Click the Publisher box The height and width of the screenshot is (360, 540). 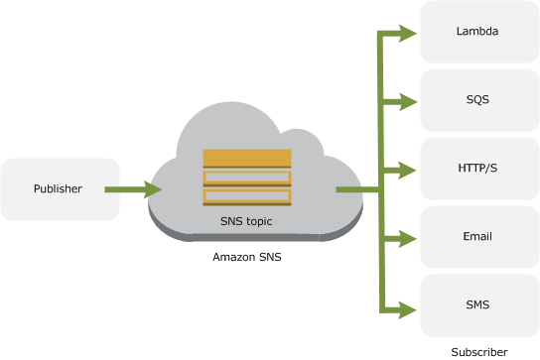point(60,188)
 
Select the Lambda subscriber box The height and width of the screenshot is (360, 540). point(477,32)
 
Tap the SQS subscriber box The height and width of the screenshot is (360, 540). point(477,100)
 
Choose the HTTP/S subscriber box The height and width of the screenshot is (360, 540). point(477,169)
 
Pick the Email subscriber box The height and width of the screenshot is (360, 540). point(477,237)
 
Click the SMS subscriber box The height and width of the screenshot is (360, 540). point(477,305)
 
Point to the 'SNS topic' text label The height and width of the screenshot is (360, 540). point(246,222)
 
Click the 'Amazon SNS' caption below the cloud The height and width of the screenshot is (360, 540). point(246,257)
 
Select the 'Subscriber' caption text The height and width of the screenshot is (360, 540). point(478,351)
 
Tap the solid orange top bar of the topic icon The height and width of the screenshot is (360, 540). point(247,158)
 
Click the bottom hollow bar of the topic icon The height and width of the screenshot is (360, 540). point(247,197)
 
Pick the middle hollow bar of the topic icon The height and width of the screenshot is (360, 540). point(247,179)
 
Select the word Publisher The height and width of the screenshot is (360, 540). point(59,188)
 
